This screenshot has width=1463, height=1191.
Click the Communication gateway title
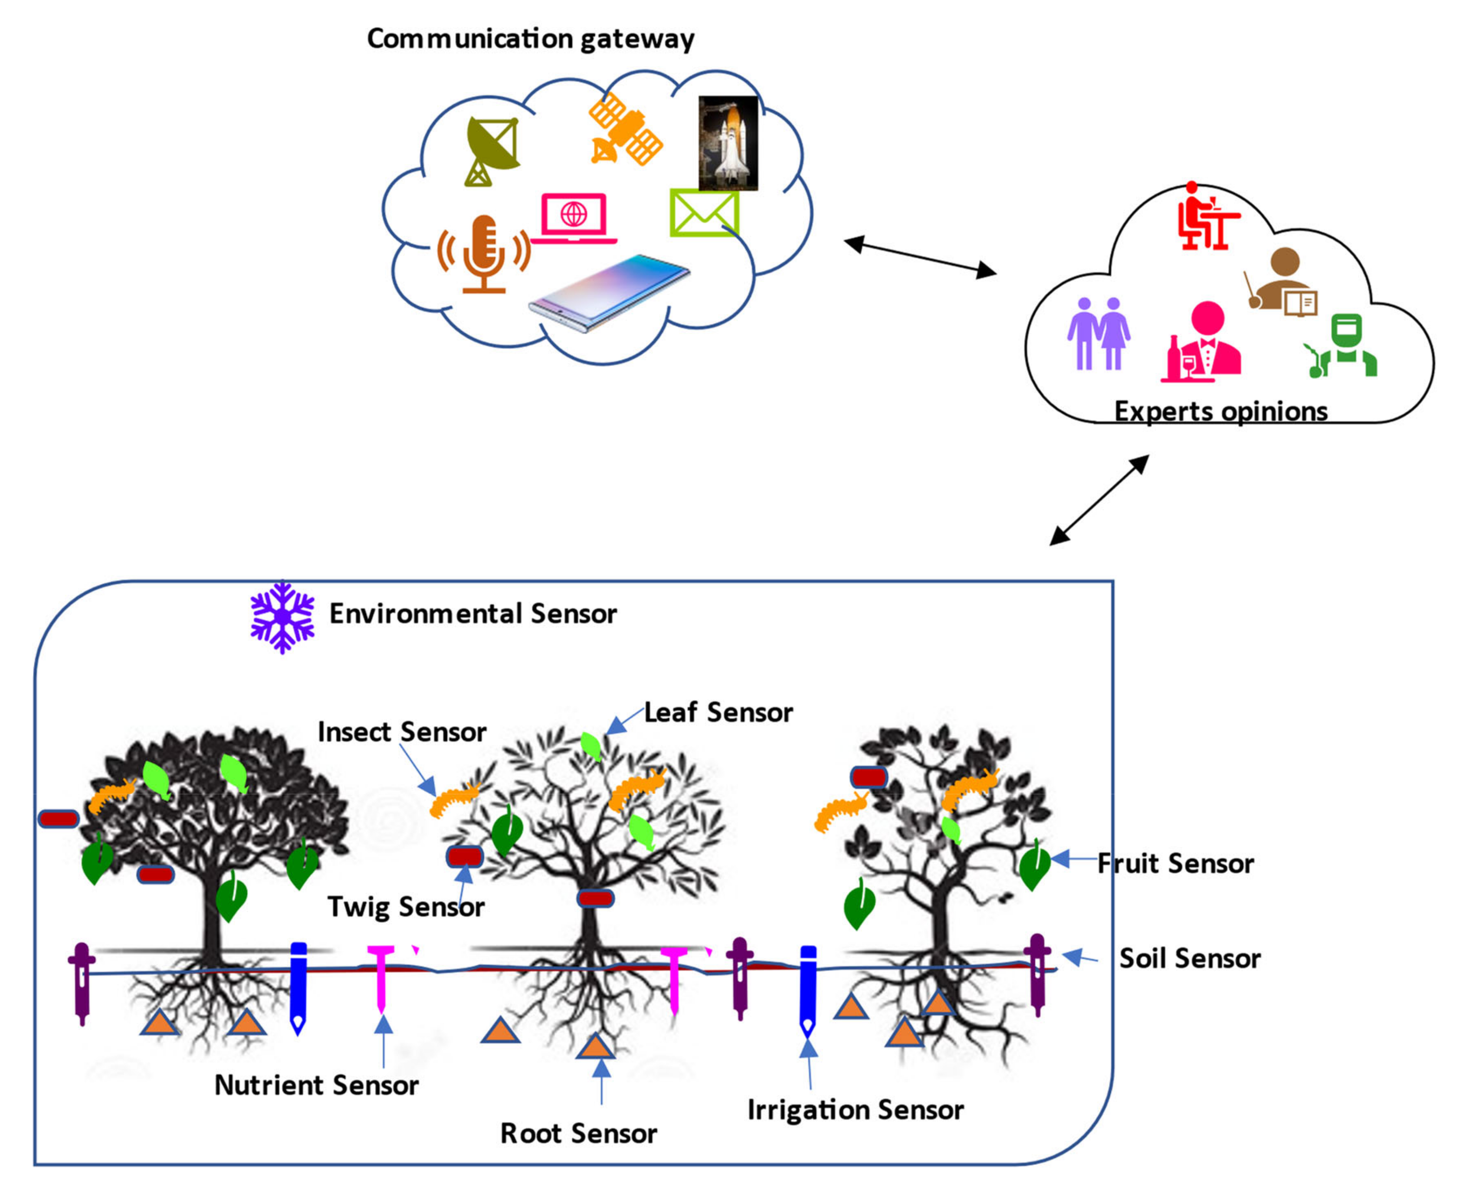(x=530, y=39)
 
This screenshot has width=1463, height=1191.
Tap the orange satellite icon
(x=626, y=129)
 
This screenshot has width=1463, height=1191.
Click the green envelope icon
(x=705, y=213)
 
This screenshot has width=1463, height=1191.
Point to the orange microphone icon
(x=484, y=254)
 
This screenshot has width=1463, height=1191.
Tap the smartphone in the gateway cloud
(x=609, y=293)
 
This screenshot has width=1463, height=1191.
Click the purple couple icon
(x=1098, y=333)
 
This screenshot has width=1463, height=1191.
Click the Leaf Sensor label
(x=718, y=712)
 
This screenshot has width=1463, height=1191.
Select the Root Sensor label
(x=578, y=1133)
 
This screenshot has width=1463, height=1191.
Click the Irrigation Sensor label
(x=855, y=1109)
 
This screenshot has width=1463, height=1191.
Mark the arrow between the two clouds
(x=920, y=257)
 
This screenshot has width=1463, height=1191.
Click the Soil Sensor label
(x=1190, y=958)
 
